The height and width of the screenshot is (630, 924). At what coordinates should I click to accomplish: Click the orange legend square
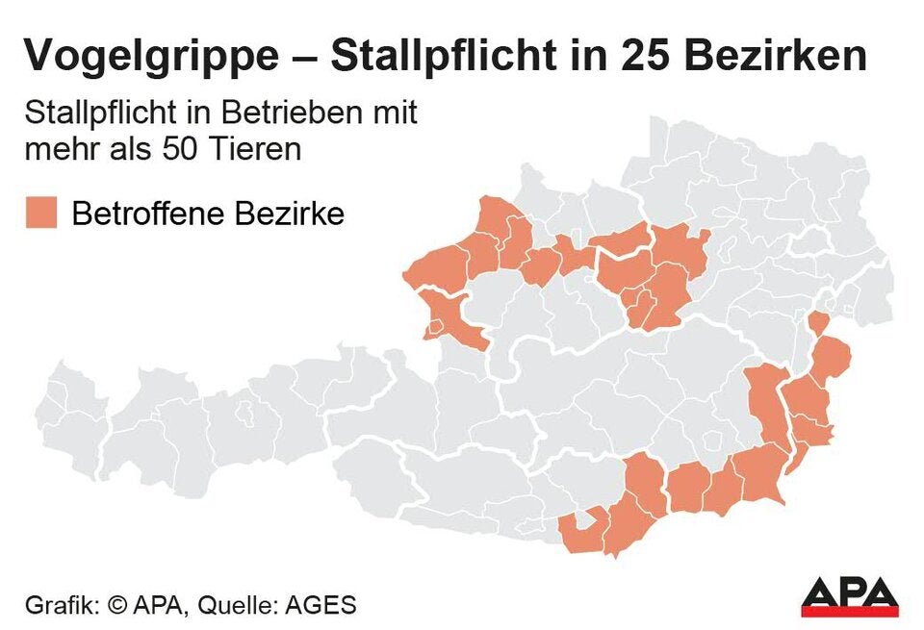point(41,213)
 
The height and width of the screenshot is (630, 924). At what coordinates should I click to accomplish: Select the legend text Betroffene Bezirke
point(208,213)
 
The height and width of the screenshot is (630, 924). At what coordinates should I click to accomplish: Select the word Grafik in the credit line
point(59,606)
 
